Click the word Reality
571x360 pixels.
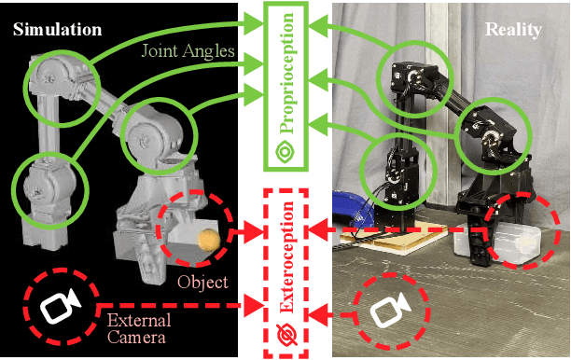coord(513,30)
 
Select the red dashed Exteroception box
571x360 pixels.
coord(286,271)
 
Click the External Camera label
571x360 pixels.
coord(137,329)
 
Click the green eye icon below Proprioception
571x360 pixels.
coord(286,151)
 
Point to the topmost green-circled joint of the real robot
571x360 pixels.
coord(411,75)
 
